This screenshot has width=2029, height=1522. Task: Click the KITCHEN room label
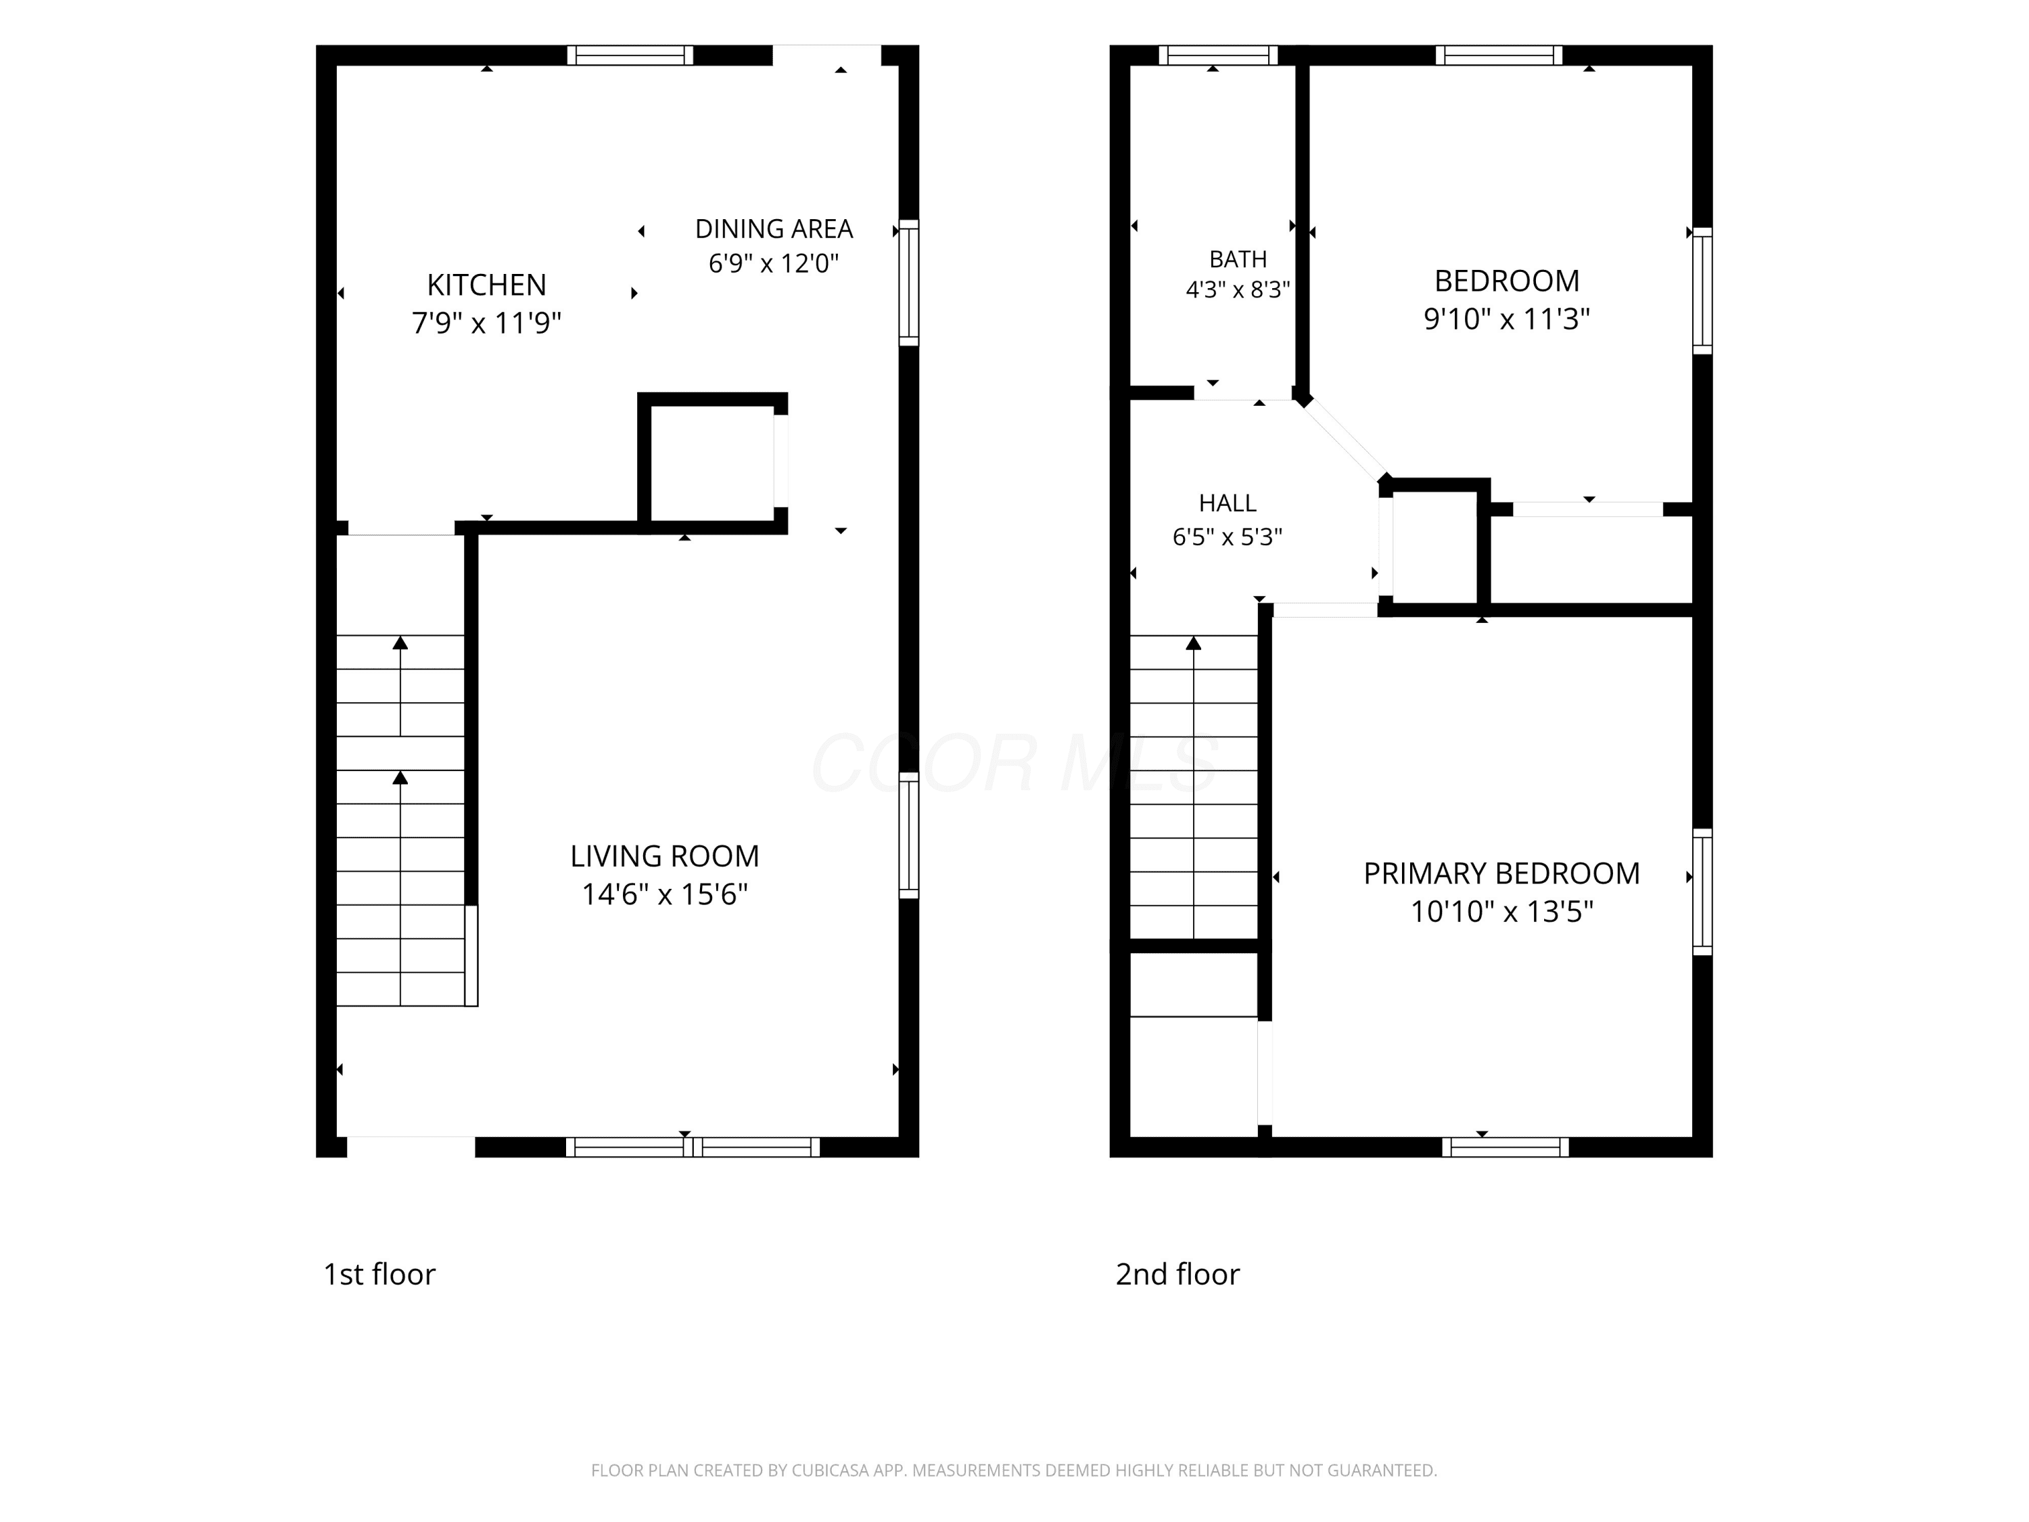(486, 285)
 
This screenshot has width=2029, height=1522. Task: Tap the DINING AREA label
(774, 229)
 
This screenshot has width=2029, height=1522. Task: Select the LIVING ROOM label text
(665, 856)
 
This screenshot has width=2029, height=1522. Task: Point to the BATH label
(1238, 260)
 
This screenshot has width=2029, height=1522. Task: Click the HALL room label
(1228, 503)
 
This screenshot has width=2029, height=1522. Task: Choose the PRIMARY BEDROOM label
(1501, 873)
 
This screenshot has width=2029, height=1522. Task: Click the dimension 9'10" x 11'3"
(1506, 319)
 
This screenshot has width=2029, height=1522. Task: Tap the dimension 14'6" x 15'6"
(665, 894)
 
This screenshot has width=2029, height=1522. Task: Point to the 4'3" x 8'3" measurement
(1238, 290)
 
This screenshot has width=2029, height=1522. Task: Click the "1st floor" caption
(379, 1274)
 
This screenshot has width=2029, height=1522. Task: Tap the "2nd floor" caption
(1177, 1274)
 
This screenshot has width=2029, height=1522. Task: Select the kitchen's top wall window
(630, 55)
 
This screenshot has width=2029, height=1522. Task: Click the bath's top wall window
(1218, 55)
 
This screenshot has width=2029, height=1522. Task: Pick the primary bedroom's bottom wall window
(1506, 1147)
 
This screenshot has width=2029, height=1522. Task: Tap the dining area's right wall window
(908, 283)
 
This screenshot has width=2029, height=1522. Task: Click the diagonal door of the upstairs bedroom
(1344, 441)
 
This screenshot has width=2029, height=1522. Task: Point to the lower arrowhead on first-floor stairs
(400, 778)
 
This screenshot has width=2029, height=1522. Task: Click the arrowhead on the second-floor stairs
(1193, 643)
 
